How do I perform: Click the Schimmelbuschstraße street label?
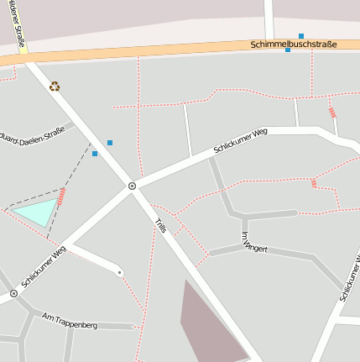coord(294,44)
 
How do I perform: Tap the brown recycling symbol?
coord(55,86)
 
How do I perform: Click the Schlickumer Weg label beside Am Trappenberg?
coord(43,267)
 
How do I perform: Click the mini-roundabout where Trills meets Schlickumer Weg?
coord(132,186)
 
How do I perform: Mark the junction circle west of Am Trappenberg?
coord(13,294)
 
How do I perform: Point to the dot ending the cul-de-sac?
coord(120,273)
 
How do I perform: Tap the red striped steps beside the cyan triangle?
coord(61,197)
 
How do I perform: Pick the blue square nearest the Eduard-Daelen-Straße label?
coord(95,154)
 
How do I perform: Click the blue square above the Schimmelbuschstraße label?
coord(301,36)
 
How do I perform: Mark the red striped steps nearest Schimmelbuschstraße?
coord(331,112)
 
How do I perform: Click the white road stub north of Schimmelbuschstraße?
coord(269,19)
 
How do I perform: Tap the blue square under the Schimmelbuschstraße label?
coord(288,50)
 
